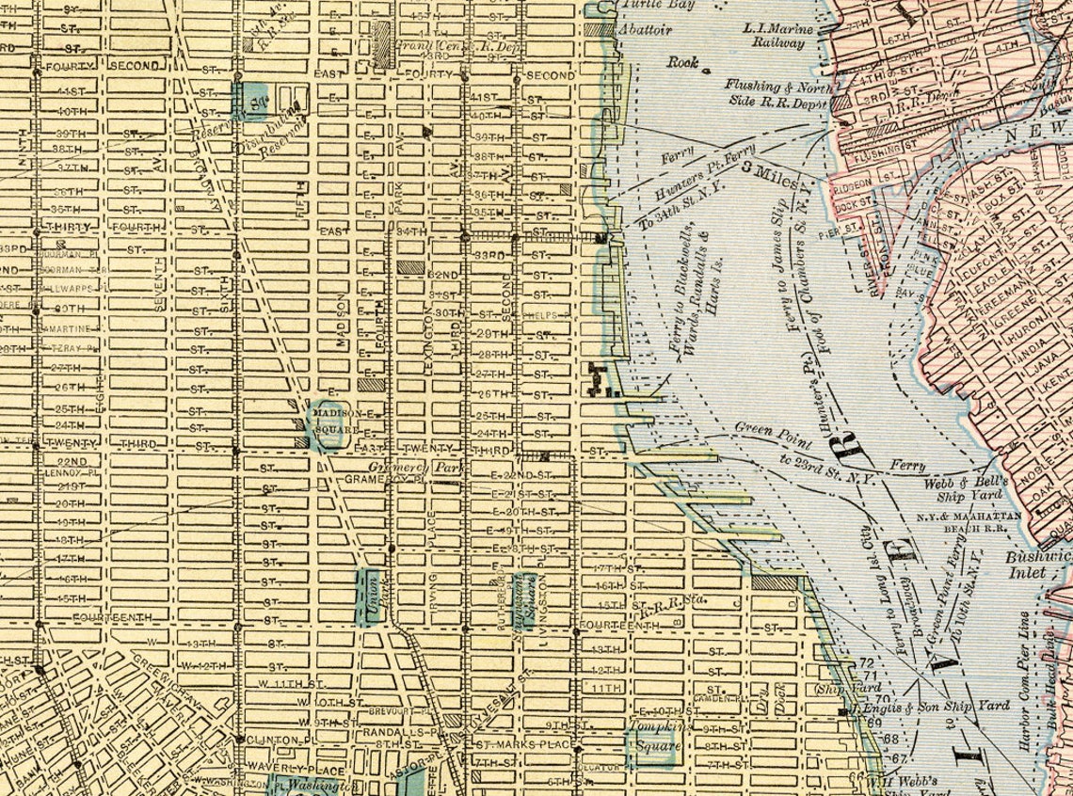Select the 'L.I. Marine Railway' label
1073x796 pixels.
(x=776, y=35)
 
